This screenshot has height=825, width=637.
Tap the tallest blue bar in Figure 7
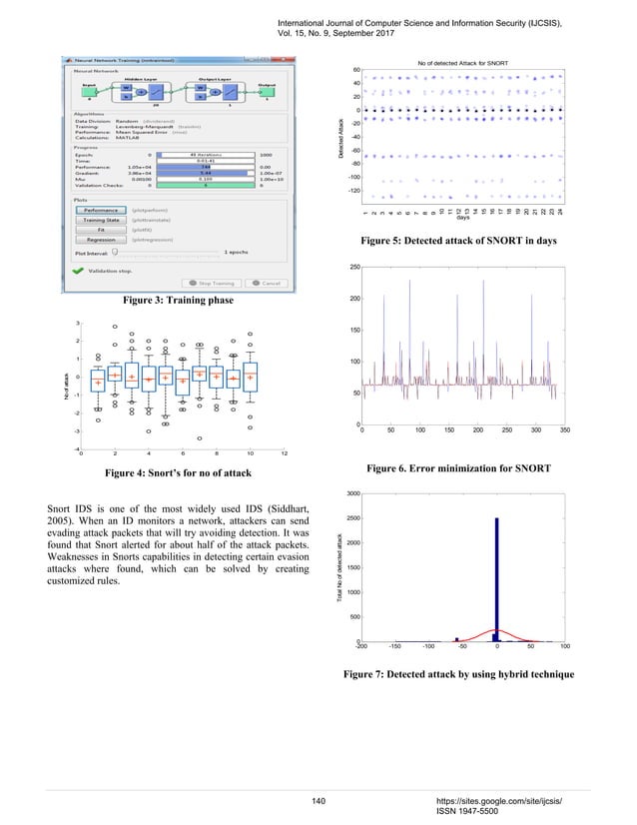pos(496,578)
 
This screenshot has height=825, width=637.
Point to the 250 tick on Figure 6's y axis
pos(352,268)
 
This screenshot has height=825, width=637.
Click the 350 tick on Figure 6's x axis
pos(566,431)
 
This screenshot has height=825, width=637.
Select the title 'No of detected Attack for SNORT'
pos(461,63)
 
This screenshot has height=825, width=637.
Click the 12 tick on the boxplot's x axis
pos(284,454)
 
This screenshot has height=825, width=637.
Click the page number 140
pos(319,800)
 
